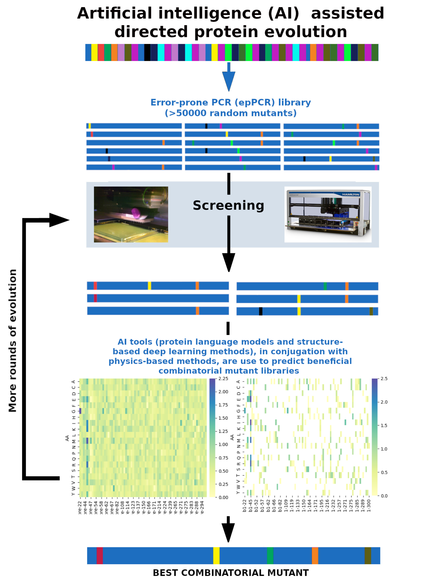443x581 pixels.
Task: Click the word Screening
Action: click(228, 205)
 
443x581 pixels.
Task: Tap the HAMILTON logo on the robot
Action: click(351, 194)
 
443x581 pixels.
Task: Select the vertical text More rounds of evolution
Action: click(13, 340)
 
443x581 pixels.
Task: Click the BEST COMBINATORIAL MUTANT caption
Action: click(231, 572)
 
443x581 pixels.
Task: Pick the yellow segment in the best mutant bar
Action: click(216, 555)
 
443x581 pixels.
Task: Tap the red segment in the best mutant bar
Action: click(100, 555)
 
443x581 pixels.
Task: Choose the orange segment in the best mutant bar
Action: click(315, 555)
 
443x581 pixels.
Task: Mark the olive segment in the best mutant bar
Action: click(368, 555)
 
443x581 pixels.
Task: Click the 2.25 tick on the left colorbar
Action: click(223, 378)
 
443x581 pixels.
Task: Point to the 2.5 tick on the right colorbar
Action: click(384, 378)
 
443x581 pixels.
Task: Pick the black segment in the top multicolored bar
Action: click(147, 52)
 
